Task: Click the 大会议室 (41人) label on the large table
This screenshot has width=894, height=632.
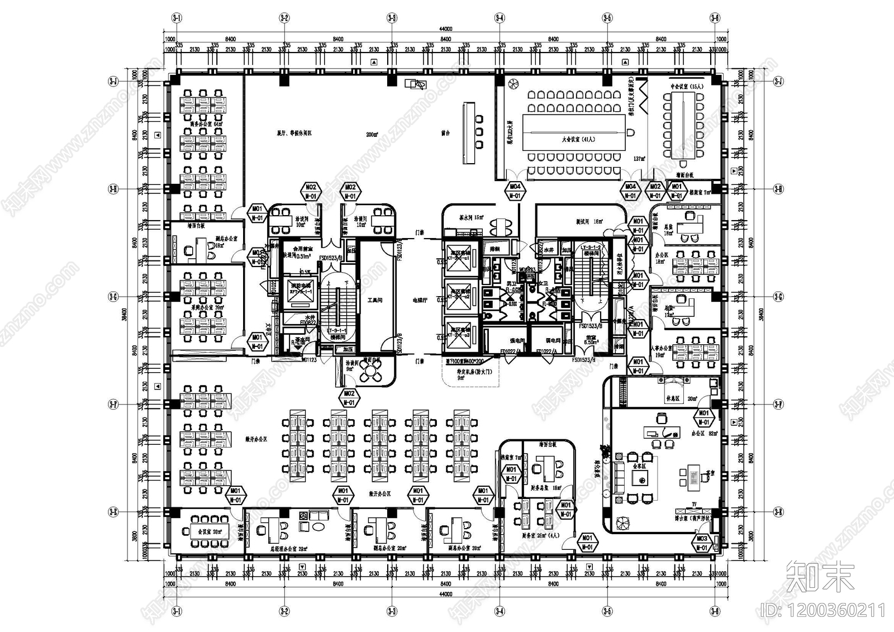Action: pos(574,139)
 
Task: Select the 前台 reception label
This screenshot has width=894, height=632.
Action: pos(445,134)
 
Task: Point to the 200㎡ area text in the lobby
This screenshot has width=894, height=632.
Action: pos(372,135)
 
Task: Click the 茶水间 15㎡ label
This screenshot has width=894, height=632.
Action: pos(471,218)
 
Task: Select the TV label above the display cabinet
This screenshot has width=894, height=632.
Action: pos(694,504)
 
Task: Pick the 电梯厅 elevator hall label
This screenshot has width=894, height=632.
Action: pos(419,300)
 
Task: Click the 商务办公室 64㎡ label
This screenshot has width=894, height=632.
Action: pos(206,124)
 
